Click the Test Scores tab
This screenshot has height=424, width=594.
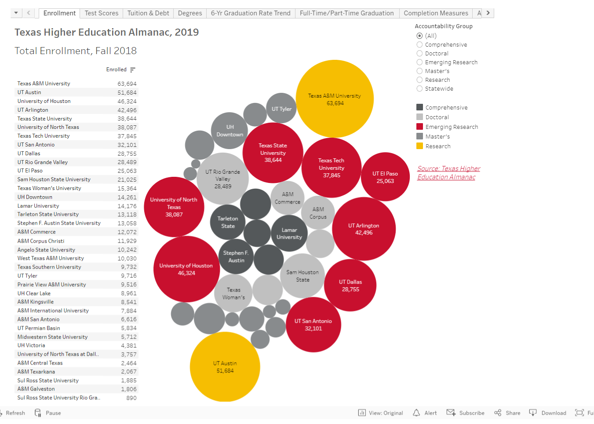pyautogui.click(x=102, y=13)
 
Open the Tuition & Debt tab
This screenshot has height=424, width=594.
pyautogui.click(x=148, y=13)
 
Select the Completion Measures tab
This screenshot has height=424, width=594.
pyautogui.click(x=436, y=13)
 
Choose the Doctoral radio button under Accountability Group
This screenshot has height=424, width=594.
pyautogui.click(x=419, y=54)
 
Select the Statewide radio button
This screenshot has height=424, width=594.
pyautogui.click(x=419, y=89)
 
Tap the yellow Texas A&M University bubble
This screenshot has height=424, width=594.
pyautogui.click(x=335, y=99)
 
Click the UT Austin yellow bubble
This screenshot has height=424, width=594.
pyautogui.click(x=225, y=367)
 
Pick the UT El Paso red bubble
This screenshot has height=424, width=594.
pyautogui.click(x=385, y=177)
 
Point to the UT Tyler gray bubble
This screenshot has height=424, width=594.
pyautogui.click(x=281, y=109)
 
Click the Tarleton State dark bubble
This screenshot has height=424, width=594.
pyautogui.click(x=228, y=222)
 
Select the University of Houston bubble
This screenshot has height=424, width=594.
pyautogui.click(x=186, y=269)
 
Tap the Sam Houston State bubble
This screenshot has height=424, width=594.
pyautogui.click(x=302, y=276)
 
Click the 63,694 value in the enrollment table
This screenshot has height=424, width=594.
pyautogui.click(x=127, y=84)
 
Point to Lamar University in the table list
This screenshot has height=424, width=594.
pyautogui.click(x=38, y=206)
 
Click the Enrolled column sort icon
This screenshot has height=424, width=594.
pyautogui.click(x=133, y=69)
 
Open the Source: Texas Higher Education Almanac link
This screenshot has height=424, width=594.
pyautogui.click(x=448, y=173)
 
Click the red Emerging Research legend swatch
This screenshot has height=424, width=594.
pyautogui.click(x=420, y=127)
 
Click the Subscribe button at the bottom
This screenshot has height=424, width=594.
pyautogui.click(x=466, y=413)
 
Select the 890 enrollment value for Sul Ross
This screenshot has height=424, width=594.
pyautogui.click(x=131, y=398)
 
